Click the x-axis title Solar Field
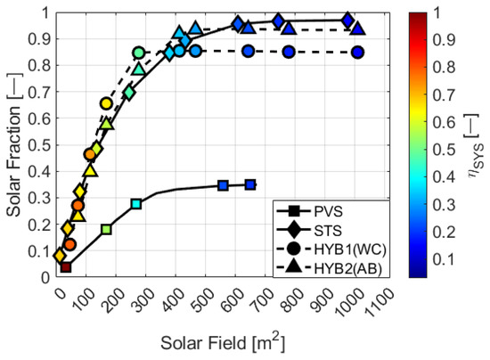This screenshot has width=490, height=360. coord(219,342)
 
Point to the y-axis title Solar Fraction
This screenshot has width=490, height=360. coord(14,144)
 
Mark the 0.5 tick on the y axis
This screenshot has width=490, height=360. coord(45,145)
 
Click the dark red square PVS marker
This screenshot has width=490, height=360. coord(66,266)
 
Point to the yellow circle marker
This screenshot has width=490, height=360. coord(107,104)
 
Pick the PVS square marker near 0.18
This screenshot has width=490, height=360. coord(107,229)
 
